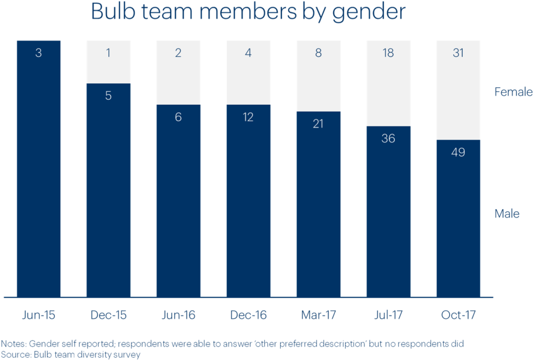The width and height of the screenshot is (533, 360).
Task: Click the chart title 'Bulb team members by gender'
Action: (x=248, y=12)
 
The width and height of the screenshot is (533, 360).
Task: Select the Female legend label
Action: (x=512, y=92)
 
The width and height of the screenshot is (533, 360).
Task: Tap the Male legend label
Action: (x=507, y=214)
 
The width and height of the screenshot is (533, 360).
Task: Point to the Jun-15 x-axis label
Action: (x=39, y=315)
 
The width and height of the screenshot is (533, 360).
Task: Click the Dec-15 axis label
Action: (x=108, y=315)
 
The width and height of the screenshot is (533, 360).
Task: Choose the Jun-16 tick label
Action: (x=178, y=315)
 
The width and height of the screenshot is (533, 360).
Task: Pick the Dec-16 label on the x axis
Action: (x=248, y=315)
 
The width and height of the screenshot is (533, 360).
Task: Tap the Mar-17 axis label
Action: (x=318, y=315)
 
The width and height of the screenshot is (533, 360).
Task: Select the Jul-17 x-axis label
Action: (x=388, y=315)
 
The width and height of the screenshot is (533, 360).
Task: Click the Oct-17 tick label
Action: (x=458, y=315)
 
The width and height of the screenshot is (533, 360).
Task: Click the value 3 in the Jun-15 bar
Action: (x=39, y=54)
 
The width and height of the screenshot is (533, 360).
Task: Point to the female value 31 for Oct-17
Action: (x=458, y=54)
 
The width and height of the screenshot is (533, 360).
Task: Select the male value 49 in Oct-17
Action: (x=458, y=153)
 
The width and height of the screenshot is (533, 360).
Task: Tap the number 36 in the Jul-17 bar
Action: (x=388, y=138)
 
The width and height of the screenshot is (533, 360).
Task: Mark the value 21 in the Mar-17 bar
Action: (x=318, y=124)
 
